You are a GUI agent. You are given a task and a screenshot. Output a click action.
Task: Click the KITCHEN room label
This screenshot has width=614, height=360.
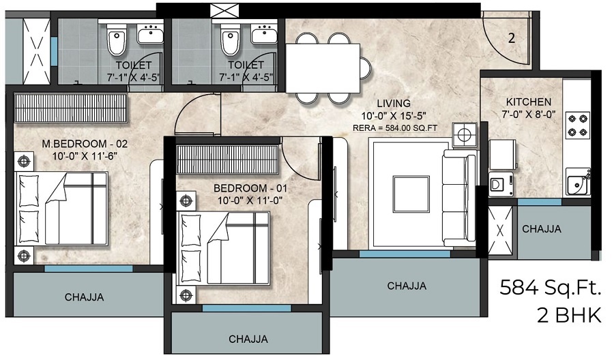(528, 102)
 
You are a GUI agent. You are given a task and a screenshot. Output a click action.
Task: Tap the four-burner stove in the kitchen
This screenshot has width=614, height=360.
(578, 125)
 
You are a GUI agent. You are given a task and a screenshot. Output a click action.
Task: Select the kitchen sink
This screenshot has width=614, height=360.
(578, 181)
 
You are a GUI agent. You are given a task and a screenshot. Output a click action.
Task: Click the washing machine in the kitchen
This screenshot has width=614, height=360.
(501, 184)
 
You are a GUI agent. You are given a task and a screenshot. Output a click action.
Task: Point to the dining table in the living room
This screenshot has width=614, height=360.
(323, 68)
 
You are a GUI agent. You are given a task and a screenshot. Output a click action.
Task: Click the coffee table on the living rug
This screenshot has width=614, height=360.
(411, 194)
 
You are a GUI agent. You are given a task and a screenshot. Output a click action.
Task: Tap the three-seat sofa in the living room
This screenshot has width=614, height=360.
(459, 198)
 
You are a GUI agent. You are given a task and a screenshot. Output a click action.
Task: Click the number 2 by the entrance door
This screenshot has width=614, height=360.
(512, 38)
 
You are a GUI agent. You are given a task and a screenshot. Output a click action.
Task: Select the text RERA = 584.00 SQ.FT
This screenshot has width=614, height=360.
(395, 128)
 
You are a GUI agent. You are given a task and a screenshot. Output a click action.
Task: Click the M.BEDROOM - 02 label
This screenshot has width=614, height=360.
(85, 144)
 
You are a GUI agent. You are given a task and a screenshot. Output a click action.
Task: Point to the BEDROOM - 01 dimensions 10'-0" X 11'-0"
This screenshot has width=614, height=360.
(250, 200)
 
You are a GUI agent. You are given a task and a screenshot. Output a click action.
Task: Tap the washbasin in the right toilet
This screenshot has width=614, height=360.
(264, 34)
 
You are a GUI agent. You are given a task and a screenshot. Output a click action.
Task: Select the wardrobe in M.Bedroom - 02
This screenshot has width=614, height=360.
(70, 108)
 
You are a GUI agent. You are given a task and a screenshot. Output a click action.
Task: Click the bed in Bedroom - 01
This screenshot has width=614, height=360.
(224, 248)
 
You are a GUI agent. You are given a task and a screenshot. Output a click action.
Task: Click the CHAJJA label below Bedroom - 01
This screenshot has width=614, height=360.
(248, 339)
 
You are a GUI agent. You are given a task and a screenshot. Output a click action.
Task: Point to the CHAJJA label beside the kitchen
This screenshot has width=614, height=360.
(542, 229)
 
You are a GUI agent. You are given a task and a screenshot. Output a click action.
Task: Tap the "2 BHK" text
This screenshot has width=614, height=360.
(568, 316)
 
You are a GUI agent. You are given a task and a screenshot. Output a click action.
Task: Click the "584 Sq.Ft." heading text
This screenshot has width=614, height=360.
(550, 288)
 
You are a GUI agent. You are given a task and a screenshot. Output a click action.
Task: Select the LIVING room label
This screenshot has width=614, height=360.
(394, 104)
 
